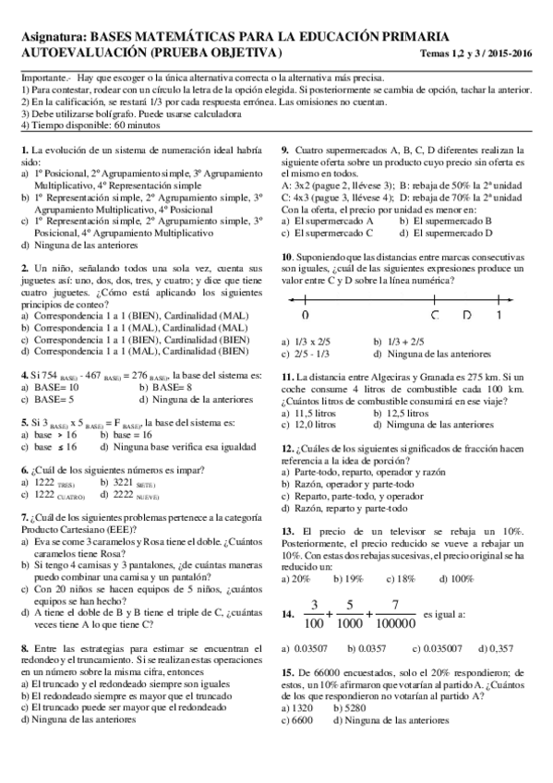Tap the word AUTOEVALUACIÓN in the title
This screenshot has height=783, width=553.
(78, 52)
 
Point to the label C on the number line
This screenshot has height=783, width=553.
(435, 314)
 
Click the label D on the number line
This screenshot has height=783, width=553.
(467, 314)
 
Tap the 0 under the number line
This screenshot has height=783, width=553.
(305, 315)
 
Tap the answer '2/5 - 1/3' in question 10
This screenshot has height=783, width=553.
(315, 353)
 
